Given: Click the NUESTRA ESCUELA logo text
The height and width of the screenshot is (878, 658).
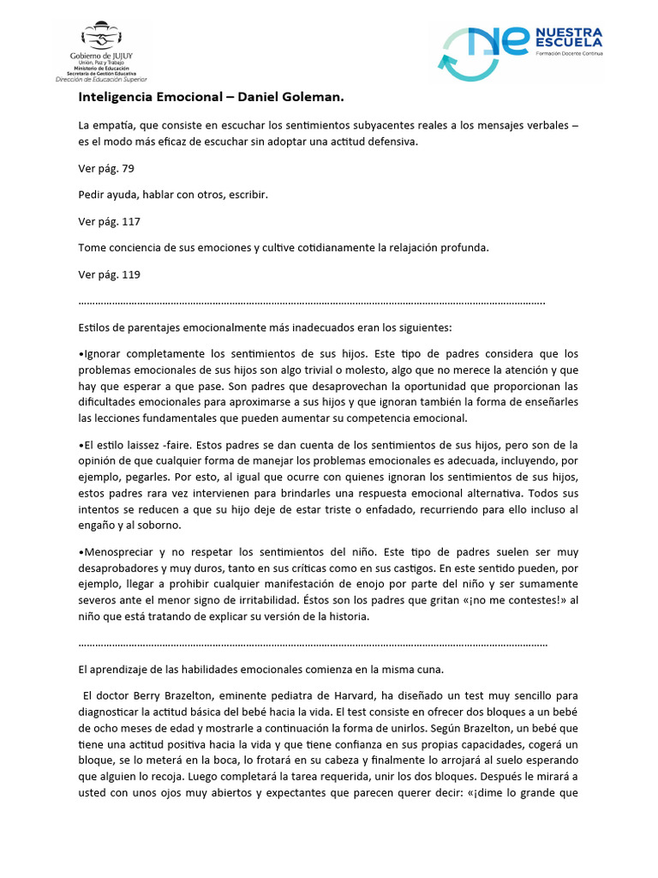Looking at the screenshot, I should point(568,39).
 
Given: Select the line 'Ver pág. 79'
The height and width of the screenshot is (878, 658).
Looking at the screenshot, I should point(106,169).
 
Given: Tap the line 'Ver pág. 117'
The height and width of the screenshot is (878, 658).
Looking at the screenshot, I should point(109,221).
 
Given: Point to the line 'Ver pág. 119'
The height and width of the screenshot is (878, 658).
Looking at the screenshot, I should point(109,274).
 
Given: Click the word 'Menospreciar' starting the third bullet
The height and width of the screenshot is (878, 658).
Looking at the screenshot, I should point(119,552).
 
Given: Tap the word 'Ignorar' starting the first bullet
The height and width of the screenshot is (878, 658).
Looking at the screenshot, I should point(105,353).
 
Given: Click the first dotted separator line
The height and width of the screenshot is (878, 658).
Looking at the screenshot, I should point(311,303).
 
